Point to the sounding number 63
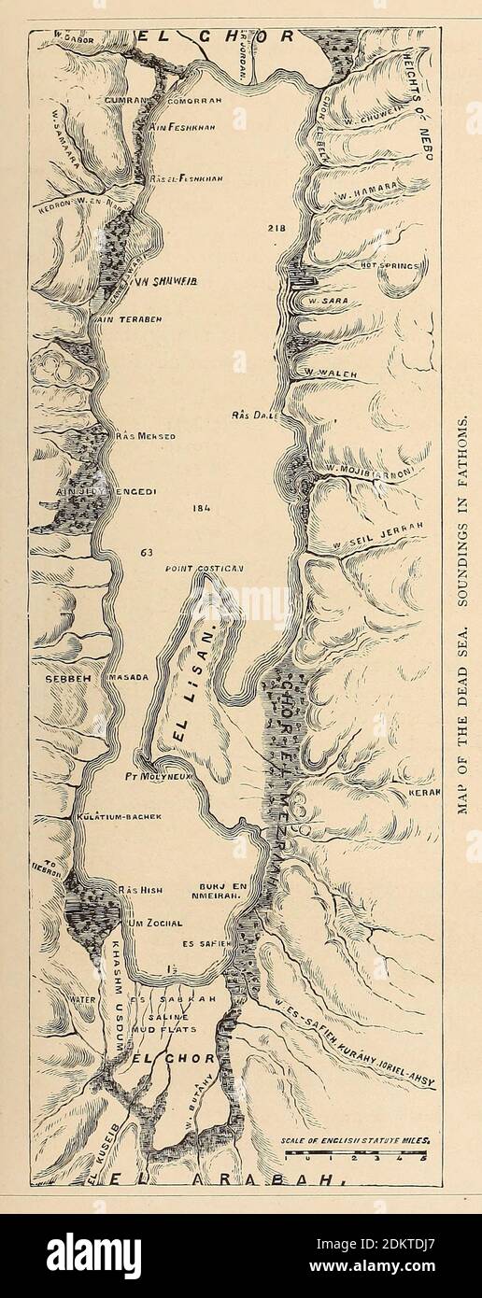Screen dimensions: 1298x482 (146, 553)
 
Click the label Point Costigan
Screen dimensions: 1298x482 (204, 568)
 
